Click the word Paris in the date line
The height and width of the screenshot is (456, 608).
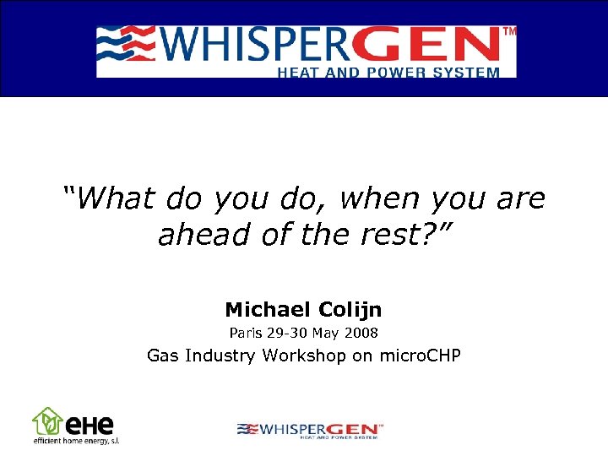247,333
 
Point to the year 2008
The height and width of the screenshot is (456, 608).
361,333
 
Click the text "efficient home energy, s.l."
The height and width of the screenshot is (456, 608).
76,441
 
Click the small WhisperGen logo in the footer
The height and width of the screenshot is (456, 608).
310,430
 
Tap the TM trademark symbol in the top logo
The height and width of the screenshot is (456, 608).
509,31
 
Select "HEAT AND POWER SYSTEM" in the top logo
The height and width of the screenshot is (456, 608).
388,73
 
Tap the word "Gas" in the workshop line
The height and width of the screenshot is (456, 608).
161,356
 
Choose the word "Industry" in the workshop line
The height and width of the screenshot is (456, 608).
217,356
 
